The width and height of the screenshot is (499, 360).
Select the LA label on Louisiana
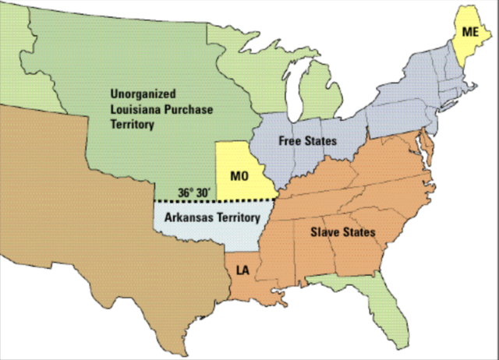[x=242, y=270]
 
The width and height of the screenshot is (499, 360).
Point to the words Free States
[x=310, y=141]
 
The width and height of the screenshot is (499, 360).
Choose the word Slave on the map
[x=328, y=232]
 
